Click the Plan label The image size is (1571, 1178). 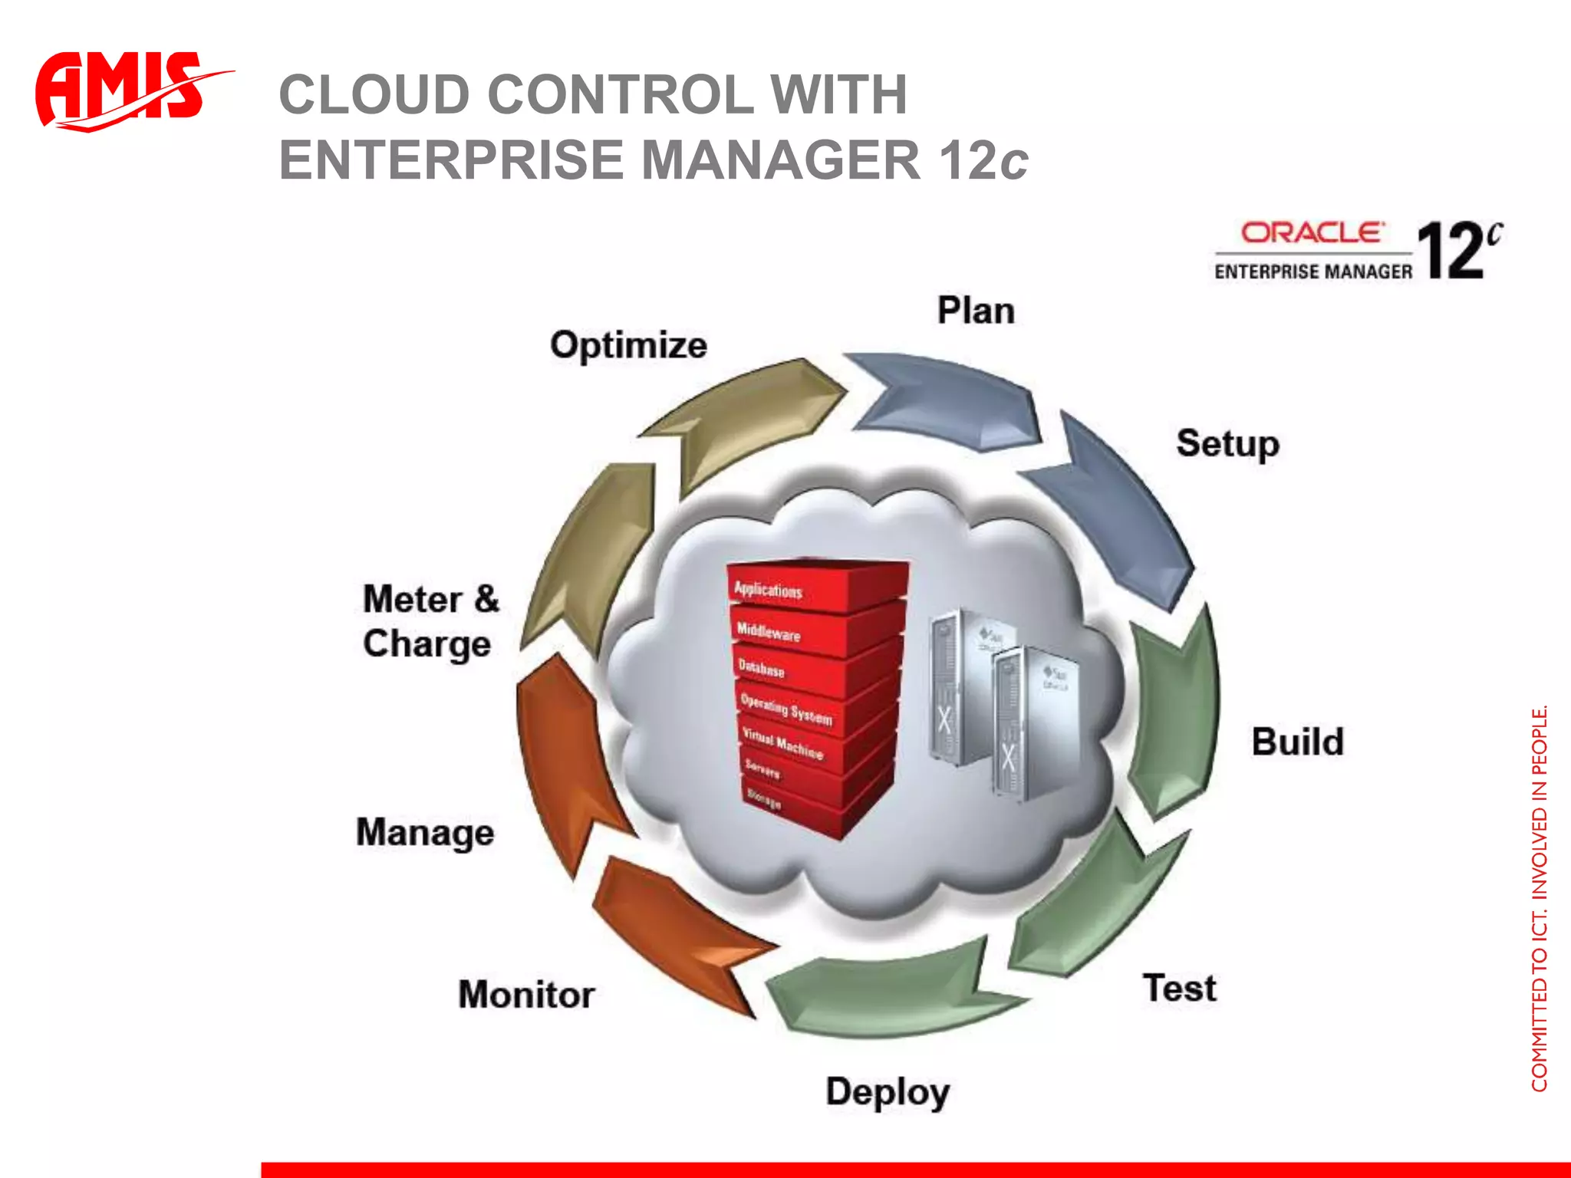tap(976, 311)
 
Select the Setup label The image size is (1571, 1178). tap(1227, 444)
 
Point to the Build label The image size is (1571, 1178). tap(1297, 742)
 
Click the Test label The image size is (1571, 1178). tap(1179, 988)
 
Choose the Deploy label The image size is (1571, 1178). tap(888, 1092)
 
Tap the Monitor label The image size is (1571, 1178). tap(526, 995)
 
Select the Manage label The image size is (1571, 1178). tap(425, 833)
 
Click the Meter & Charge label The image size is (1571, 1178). tap(430, 621)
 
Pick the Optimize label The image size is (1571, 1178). tap(628, 345)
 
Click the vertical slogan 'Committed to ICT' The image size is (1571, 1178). tap(1539, 897)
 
